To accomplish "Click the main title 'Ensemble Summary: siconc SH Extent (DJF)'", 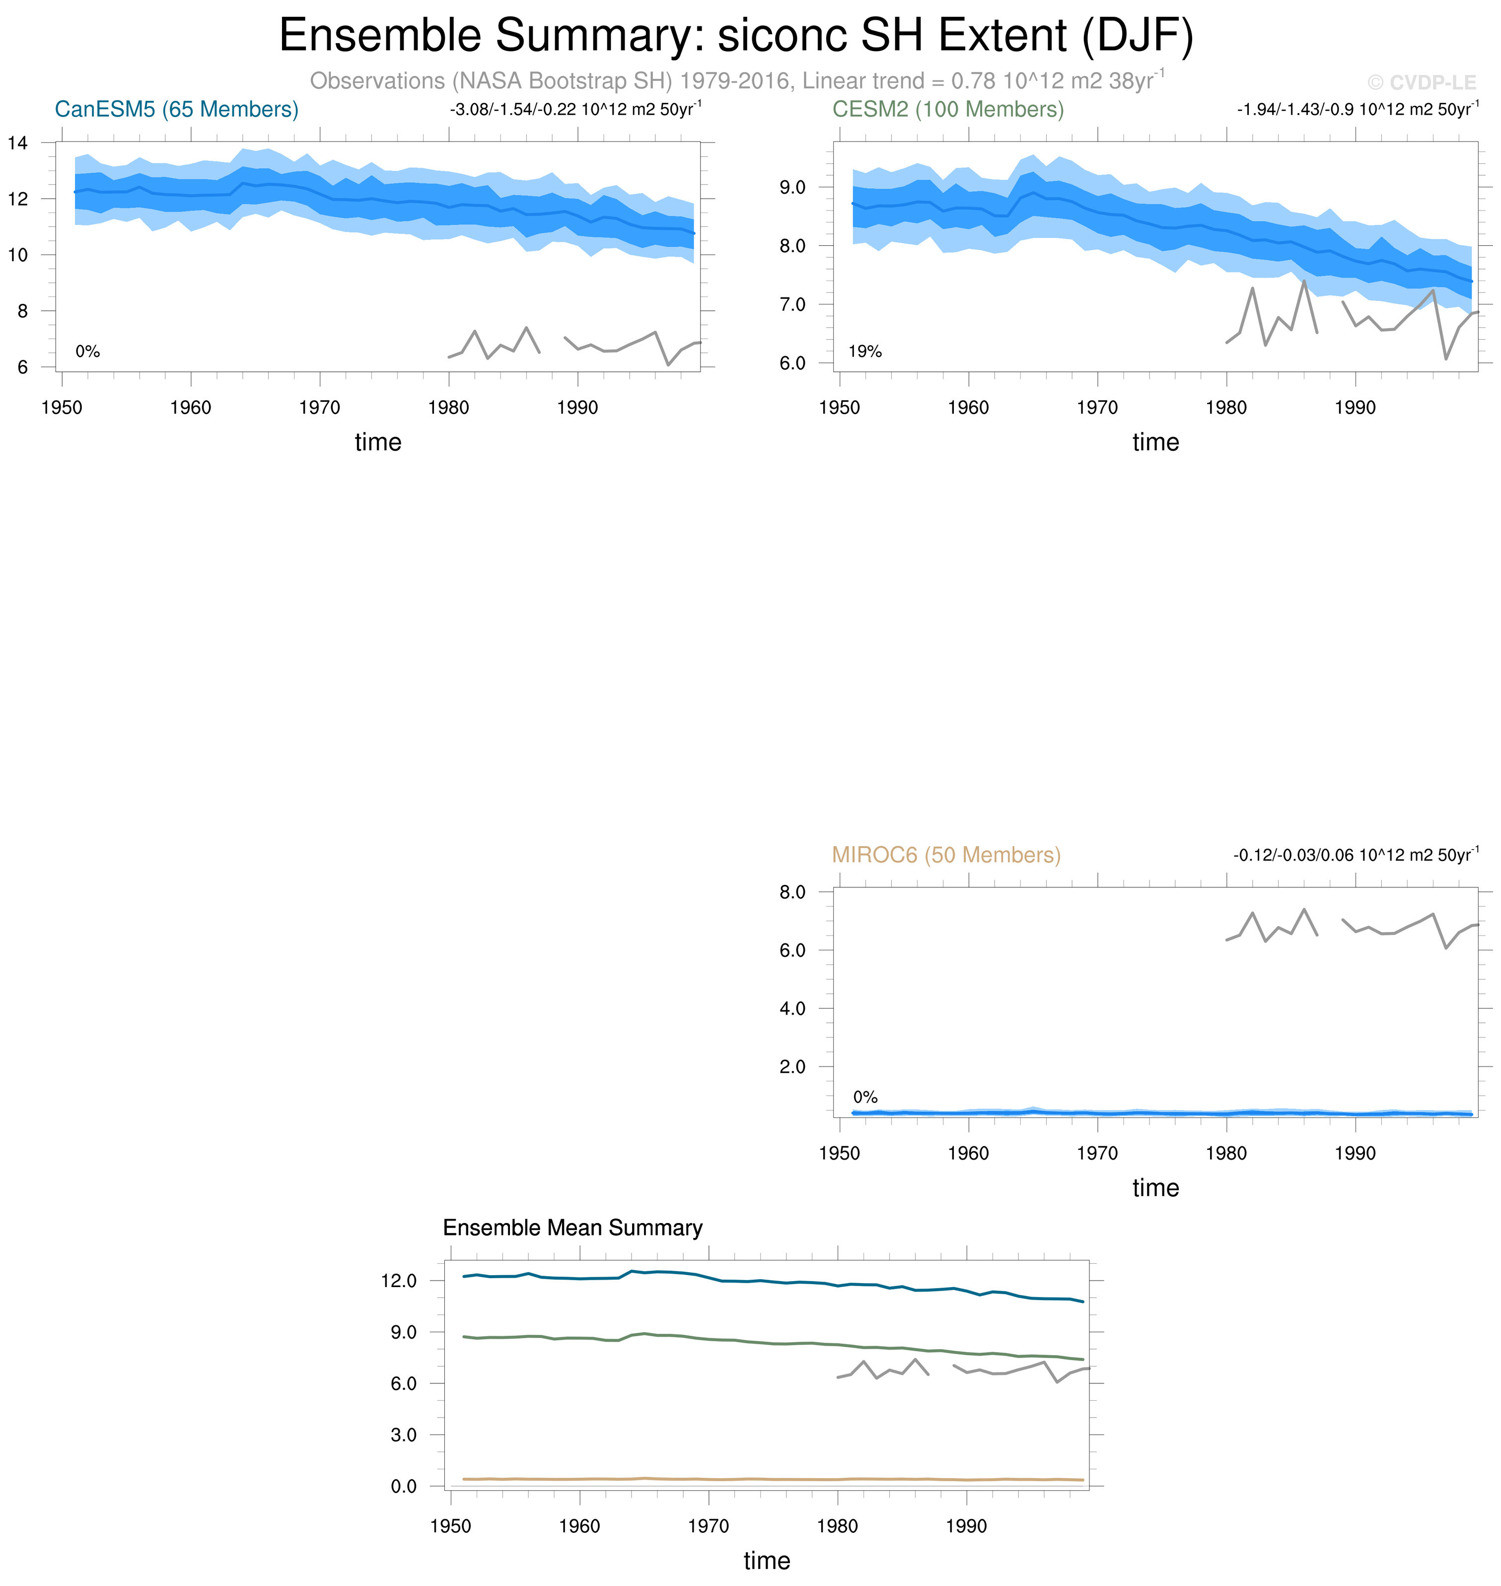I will [736, 36].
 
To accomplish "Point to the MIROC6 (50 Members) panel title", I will [946, 855].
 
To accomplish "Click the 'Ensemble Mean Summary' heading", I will [573, 1227].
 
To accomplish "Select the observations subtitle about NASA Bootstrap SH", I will [736, 81].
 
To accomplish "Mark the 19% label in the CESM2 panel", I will [865, 351].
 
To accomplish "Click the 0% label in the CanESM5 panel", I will [87, 351].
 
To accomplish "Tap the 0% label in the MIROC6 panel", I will [865, 1097].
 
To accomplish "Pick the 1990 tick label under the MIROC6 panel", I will [1356, 1153].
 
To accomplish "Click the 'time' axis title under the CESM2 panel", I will [1155, 442].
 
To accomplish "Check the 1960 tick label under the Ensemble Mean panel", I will [579, 1526].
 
